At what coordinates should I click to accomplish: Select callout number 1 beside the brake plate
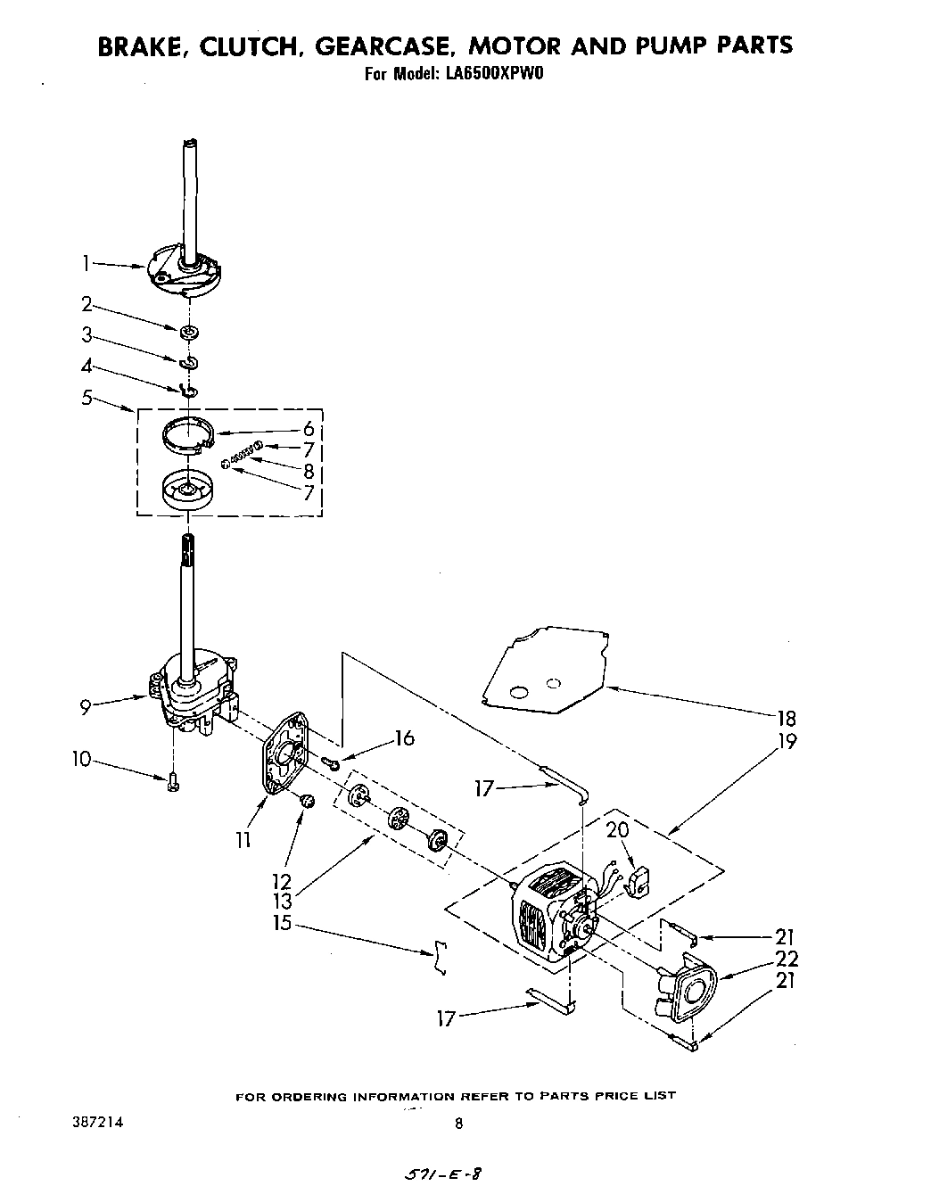click(86, 263)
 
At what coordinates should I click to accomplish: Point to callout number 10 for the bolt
click(82, 760)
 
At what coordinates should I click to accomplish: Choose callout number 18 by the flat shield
click(787, 718)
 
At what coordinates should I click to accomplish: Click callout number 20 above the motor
click(618, 830)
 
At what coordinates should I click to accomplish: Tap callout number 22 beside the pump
click(787, 959)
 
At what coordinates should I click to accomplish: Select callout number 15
click(282, 923)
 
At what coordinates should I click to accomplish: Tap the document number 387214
click(99, 1124)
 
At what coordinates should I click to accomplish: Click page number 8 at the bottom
click(459, 1124)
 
